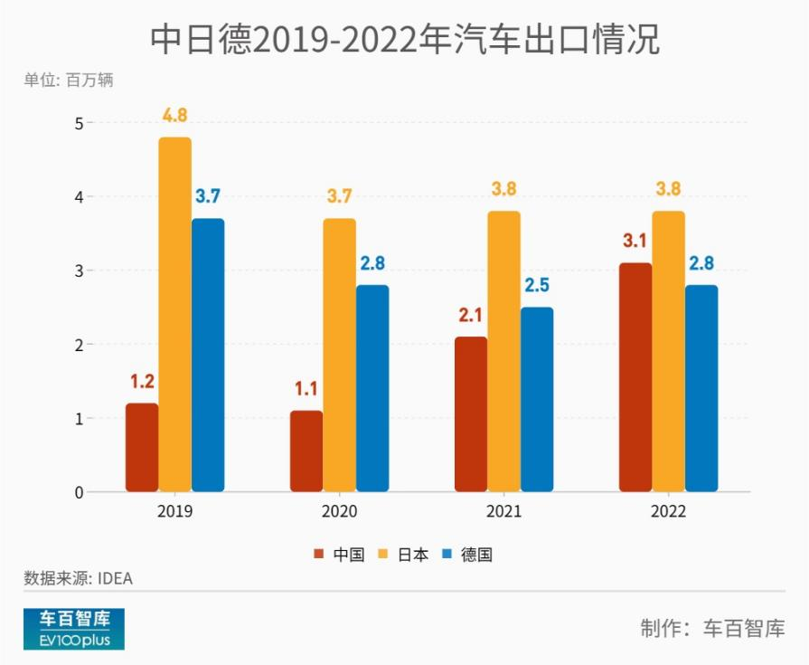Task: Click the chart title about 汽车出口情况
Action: click(x=404, y=41)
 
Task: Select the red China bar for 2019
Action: click(x=142, y=448)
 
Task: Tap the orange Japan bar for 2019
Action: click(x=175, y=315)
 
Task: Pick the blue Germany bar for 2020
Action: click(x=372, y=389)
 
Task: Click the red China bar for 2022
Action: click(x=635, y=377)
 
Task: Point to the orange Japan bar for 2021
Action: click(x=504, y=352)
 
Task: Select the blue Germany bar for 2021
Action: click(x=537, y=400)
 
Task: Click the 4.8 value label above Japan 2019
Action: click(x=175, y=116)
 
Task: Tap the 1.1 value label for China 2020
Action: click(x=306, y=389)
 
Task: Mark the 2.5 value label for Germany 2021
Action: click(x=537, y=286)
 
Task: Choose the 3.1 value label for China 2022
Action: click(x=635, y=242)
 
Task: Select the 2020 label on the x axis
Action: click(x=339, y=512)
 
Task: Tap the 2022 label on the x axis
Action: click(x=668, y=512)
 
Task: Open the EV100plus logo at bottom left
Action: click(x=74, y=629)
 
